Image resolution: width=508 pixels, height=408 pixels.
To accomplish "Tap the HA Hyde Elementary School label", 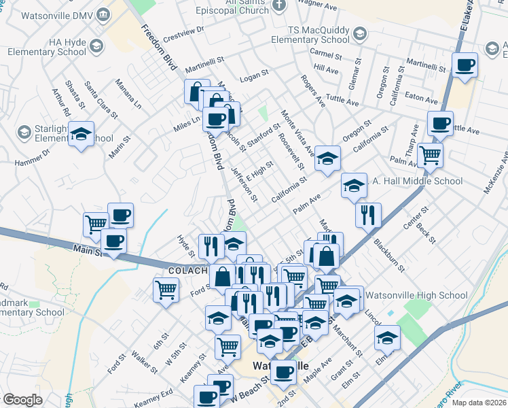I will tap(47, 46).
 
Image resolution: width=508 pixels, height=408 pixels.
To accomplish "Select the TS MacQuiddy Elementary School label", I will tap(319, 35).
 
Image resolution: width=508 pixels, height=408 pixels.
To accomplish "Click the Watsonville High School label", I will tap(416, 295).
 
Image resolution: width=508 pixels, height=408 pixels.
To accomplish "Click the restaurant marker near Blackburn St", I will tap(368, 216).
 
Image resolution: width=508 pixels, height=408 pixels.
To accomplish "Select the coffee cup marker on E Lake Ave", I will tap(465, 65).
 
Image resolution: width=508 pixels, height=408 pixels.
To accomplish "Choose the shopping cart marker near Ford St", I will tap(166, 290).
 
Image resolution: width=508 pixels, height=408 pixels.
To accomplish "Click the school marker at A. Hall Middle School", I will tap(353, 184).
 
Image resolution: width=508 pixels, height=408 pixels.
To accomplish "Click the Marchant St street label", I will tap(348, 339).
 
